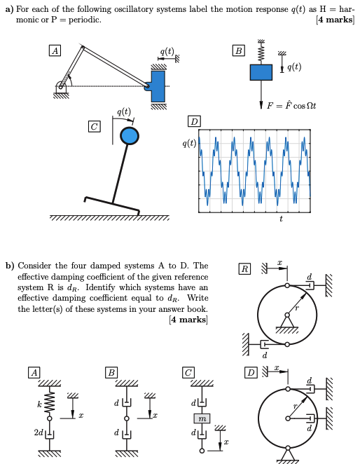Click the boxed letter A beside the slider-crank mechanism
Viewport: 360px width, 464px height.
(54, 51)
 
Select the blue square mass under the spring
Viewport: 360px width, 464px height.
(261, 71)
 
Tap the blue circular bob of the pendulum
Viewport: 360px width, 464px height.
(130, 136)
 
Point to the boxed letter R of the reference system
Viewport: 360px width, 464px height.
(244, 268)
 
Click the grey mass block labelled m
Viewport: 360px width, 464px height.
(202, 418)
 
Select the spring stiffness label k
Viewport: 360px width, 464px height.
(41, 404)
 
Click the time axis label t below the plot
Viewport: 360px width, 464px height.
(281, 219)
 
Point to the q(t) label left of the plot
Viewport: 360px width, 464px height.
(188, 144)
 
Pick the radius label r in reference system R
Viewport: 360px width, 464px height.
(298, 307)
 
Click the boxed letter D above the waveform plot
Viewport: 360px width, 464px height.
(194, 123)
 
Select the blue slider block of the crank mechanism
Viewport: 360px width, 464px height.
(158, 86)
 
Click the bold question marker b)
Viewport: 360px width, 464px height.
(10, 266)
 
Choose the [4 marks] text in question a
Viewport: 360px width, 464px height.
(335, 20)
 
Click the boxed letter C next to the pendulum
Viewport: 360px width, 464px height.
(93, 125)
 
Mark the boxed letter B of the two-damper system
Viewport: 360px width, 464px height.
(111, 372)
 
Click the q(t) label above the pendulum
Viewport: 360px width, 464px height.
(123, 112)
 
